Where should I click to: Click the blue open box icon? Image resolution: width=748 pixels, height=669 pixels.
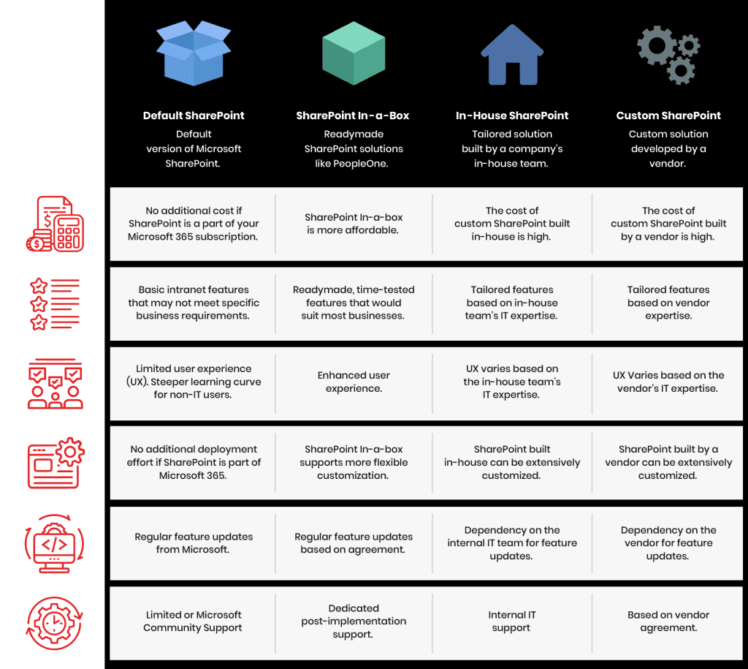(194, 53)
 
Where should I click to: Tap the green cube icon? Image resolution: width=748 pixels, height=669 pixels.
(354, 53)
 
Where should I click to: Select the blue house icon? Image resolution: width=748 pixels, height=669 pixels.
(512, 54)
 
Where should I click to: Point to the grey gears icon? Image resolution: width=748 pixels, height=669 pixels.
(668, 54)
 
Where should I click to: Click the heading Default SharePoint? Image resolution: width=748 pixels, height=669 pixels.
(194, 116)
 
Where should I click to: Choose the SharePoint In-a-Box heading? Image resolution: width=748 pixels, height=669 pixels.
(353, 116)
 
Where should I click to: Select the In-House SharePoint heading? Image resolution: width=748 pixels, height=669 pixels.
(512, 116)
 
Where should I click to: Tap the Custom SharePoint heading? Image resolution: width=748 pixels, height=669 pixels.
(668, 116)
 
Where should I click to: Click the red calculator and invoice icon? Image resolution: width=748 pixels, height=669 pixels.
(55, 224)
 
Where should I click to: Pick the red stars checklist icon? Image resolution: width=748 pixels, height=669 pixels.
(55, 304)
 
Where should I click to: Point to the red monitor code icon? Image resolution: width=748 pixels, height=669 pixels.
(54, 543)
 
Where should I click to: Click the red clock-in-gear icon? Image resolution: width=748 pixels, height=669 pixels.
(54, 623)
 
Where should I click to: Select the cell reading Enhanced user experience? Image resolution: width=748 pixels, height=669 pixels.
(354, 382)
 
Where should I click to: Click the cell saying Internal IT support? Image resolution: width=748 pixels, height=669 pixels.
(512, 621)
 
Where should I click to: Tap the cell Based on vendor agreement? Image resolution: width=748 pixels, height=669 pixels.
(668, 621)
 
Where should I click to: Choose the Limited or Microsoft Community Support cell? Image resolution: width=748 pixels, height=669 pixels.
(193, 621)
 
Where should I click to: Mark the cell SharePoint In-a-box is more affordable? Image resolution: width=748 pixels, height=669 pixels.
(354, 224)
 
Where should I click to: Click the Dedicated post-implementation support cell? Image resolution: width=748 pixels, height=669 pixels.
(354, 621)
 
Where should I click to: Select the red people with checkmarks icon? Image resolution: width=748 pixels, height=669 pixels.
(55, 383)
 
